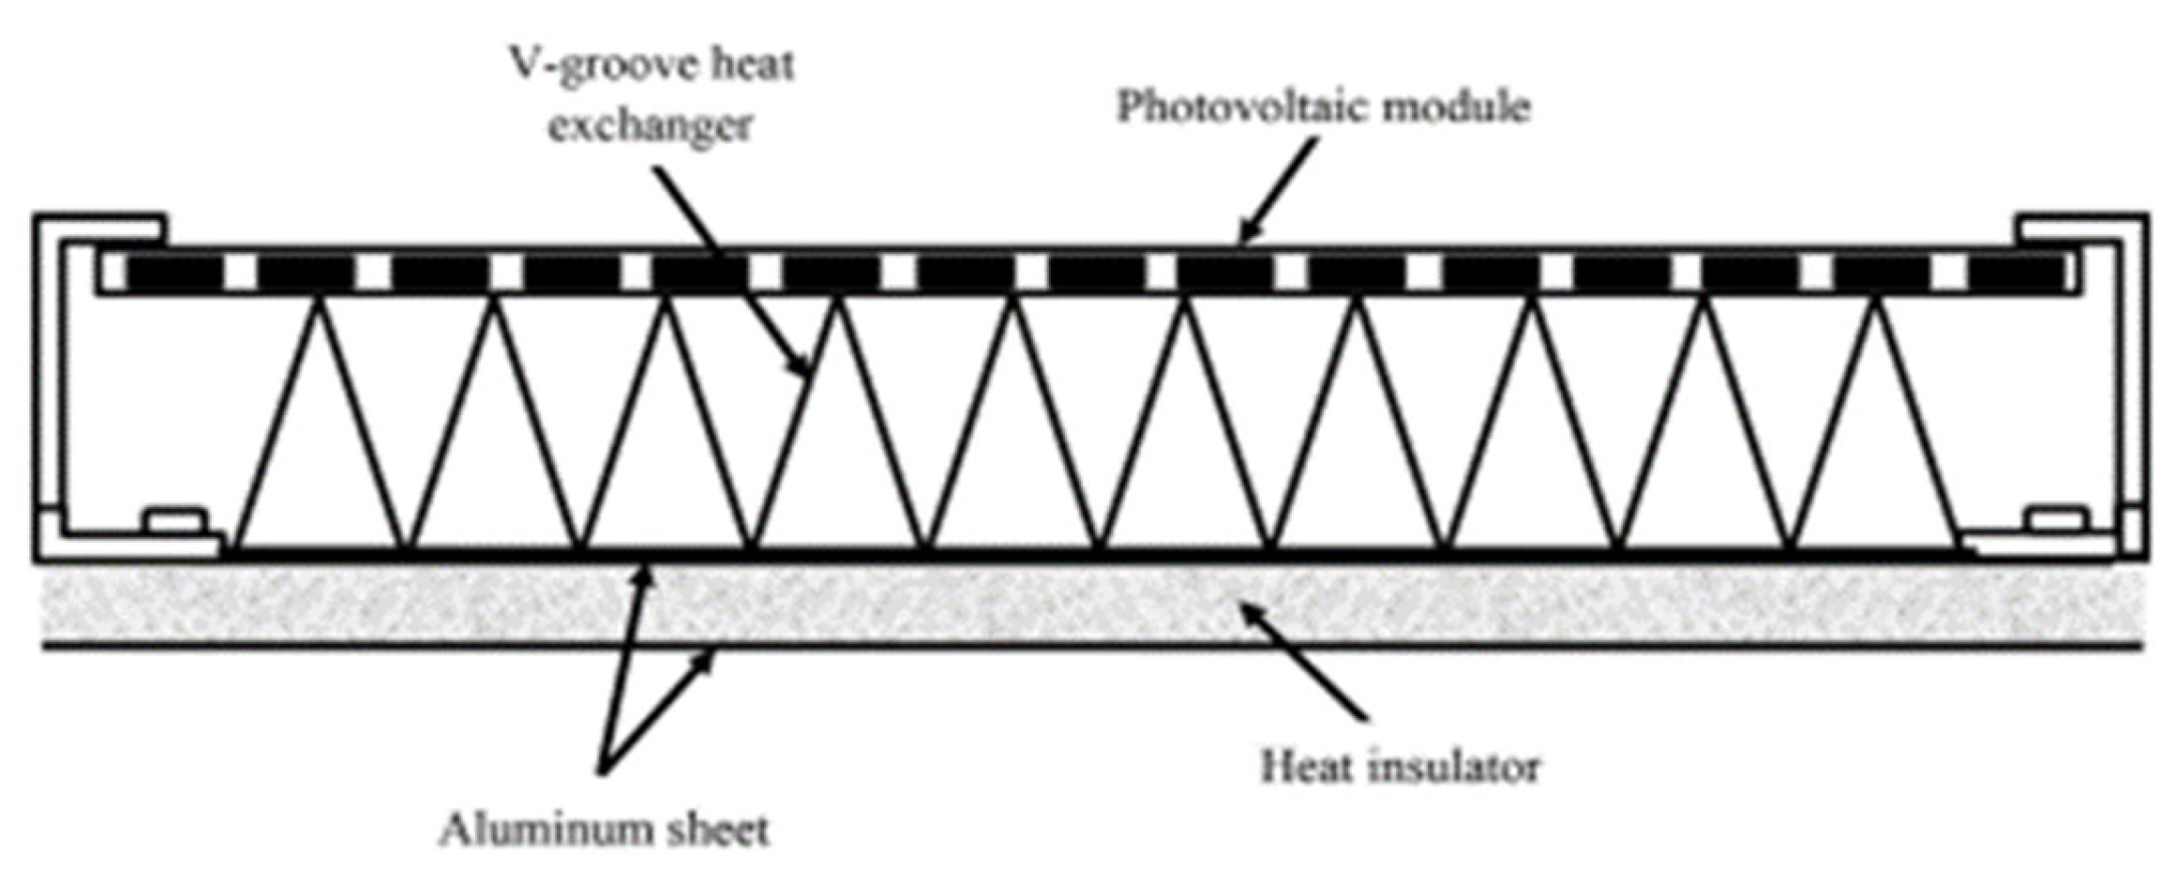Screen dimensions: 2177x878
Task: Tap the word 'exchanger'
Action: click(x=650, y=125)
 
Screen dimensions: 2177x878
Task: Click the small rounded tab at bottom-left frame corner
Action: click(x=174, y=519)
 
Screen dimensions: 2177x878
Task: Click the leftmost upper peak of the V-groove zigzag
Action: click(x=321, y=301)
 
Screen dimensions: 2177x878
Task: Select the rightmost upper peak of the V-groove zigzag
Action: click(x=1878, y=301)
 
